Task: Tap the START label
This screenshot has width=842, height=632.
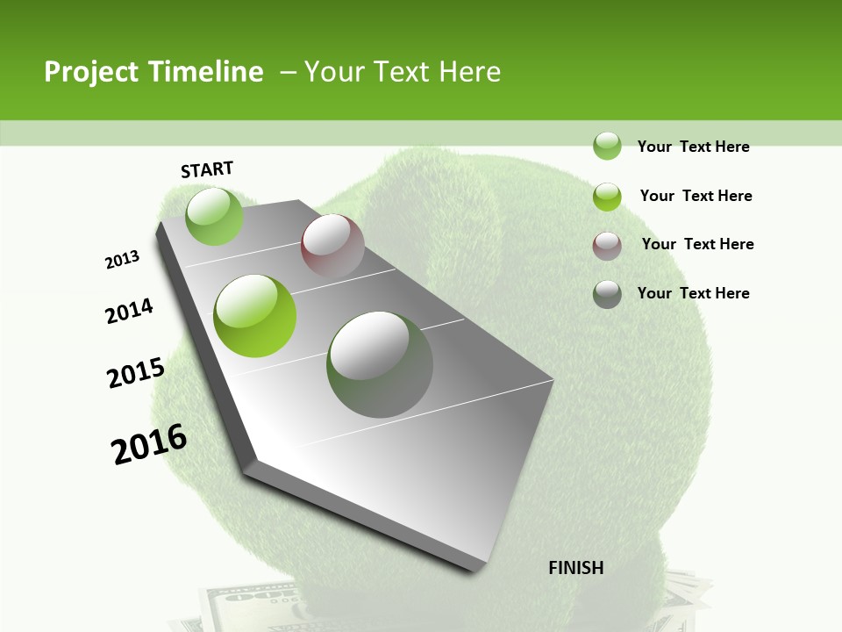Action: click(x=207, y=169)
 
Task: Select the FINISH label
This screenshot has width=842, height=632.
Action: click(x=576, y=568)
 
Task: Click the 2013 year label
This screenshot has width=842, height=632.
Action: click(x=123, y=260)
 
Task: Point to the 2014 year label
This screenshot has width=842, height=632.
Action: click(x=130, y=312)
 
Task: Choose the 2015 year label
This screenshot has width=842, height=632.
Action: click(x=136, y=373)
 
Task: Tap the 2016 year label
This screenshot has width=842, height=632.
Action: click(x=149, y=444)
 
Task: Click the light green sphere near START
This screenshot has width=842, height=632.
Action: click(x=214, y=216)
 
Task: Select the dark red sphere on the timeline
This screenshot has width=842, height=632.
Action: click(x=332, y=246)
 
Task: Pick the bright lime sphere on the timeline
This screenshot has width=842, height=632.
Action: click(x=255, y=315)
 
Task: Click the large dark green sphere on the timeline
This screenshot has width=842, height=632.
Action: click(x=380, y=364)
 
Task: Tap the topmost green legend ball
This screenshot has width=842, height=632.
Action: click(x=607, y=146)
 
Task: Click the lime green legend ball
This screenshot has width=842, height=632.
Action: click(x=607, y=196)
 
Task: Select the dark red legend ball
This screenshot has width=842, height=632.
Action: click(x=607, y=246)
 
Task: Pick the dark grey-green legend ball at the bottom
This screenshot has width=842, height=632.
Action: click(x=607, y=294)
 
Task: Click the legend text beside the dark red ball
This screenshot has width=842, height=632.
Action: click(x=697, y=244)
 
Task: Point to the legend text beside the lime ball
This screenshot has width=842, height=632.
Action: click(x=696, y=196)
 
